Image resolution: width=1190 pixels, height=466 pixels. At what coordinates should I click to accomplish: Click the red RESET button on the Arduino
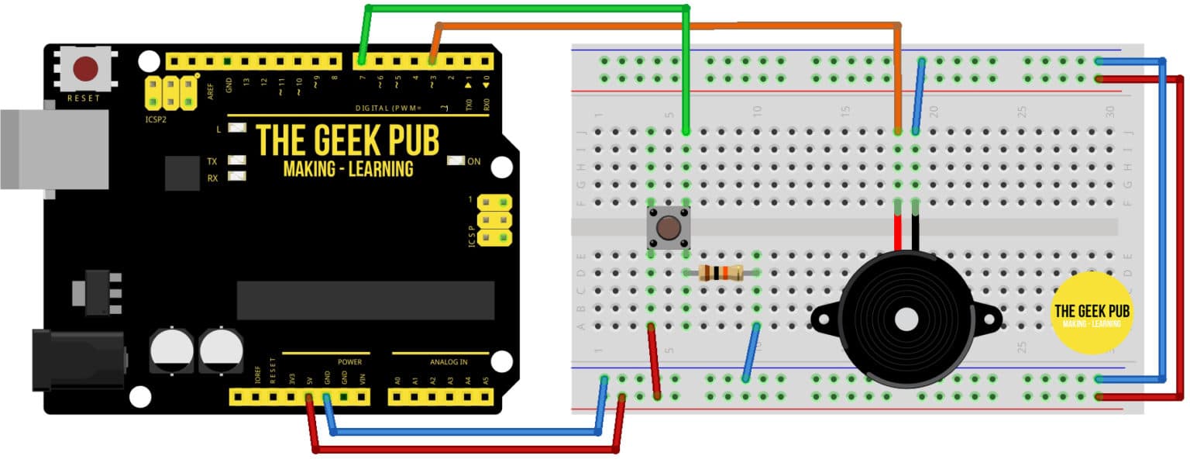[85, 69]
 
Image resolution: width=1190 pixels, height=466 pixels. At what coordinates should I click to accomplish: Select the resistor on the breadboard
[721, 273]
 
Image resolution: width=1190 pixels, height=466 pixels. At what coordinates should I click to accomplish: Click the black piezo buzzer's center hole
[904, 319]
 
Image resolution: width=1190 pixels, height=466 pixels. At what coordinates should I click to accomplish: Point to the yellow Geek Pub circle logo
[1092, 313]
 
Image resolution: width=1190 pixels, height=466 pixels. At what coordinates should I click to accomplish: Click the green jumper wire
[527, 9]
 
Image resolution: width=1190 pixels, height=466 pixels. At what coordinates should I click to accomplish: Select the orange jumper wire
[666, 26]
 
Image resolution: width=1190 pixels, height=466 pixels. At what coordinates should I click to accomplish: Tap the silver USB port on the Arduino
[54, 149]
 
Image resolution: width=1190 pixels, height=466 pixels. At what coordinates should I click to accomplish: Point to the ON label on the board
[474, 161]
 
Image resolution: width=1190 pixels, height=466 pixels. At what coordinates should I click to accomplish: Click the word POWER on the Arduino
[349, 362]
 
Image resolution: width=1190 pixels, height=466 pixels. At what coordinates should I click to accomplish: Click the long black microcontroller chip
[365, 300]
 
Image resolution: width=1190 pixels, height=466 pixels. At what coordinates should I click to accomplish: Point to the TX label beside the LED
[212, 161]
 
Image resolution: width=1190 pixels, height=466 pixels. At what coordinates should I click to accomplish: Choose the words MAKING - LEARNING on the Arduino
[348, 169]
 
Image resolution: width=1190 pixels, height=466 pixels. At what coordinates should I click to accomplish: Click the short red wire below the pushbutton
[655, 361]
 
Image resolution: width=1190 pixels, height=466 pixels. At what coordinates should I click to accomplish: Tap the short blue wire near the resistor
[751, 353]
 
